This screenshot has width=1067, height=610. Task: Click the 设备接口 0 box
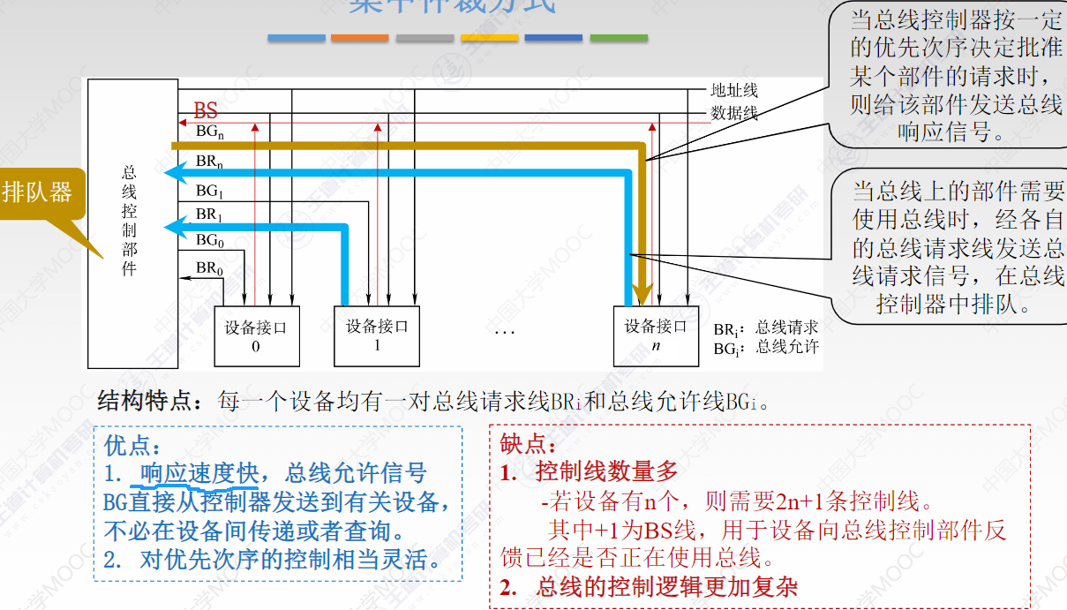coord(256,336)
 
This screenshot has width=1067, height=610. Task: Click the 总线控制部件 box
coord(130,221)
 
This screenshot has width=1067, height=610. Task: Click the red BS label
coord(206,111)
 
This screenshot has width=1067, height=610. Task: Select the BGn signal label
coord(209,131)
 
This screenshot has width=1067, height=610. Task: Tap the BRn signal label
coord(209,163)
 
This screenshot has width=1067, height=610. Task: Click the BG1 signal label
coord(208,191)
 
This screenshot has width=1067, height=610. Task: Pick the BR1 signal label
coord(208,215)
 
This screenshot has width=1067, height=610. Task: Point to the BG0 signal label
coord(209,240)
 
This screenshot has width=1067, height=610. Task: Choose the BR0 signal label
coord(209,267)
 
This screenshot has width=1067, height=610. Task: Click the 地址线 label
coord(734,90)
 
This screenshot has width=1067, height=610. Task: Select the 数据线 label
coord(734,113)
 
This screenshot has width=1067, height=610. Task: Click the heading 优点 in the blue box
coord(132,444)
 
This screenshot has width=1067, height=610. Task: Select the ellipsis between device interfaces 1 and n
coord(504,332)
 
